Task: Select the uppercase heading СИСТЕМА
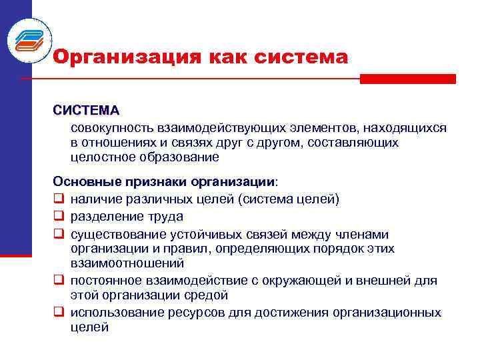[87, 109]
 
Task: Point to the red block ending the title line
[407, 79]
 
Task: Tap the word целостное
[101, 157]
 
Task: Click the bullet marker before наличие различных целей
[59, 199]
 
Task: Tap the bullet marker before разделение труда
[59, 217]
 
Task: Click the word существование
[113, 234]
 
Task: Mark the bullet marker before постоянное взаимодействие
[59, 281]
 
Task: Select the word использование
[111, 312]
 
